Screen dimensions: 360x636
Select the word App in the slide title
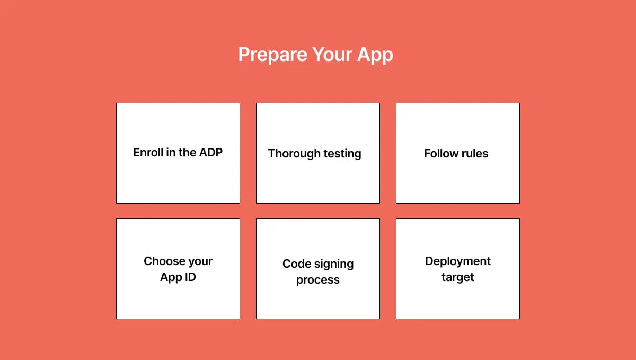click(376, 55)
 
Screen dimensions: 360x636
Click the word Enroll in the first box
click(148, 153)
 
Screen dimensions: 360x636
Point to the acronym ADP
click(211, 153)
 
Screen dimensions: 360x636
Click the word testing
click(341, 154)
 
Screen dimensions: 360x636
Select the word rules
click(474, 154)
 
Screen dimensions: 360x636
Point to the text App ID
click(178, 277)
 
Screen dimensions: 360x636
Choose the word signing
click(334, 265)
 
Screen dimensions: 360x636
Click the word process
click(318, 280)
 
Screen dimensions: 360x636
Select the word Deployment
click(458, 261)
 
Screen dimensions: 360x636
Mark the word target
click(458, 277)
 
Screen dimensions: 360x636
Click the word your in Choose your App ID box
click(200, 262)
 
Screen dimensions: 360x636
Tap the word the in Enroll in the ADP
click(188, 153)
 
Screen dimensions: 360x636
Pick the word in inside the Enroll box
click(171, 153)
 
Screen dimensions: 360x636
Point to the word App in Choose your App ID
click(171, 277)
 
